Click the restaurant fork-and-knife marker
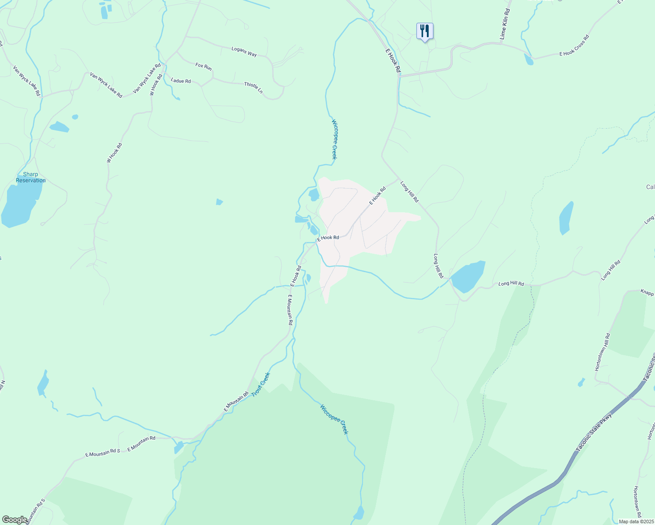tap(424, 31)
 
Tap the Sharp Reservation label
tap(31, 177)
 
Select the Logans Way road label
tap(244, 52)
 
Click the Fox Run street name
tap(204, 66)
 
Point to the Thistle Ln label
tap(254, 87)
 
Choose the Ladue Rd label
tap(181, 81)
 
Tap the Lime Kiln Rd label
tap(505, 24)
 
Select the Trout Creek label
tap(261, 385)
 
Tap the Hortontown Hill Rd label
tap(602, 352)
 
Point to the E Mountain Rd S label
tap(102, 452)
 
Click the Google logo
tap(14, 520)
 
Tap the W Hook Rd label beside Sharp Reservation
tap(114, 153)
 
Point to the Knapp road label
tap(647, 292)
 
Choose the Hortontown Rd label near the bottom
tap(638, 501)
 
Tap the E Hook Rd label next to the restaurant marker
tap(393, 60)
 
